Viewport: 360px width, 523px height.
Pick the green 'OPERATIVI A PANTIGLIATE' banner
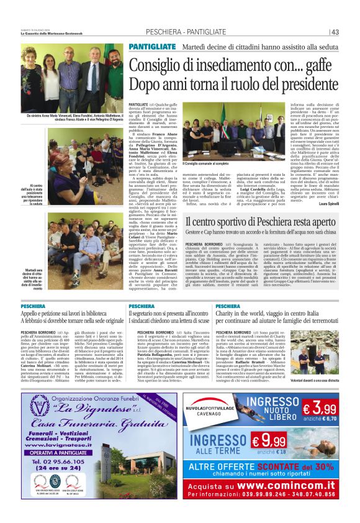(59, 452)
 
